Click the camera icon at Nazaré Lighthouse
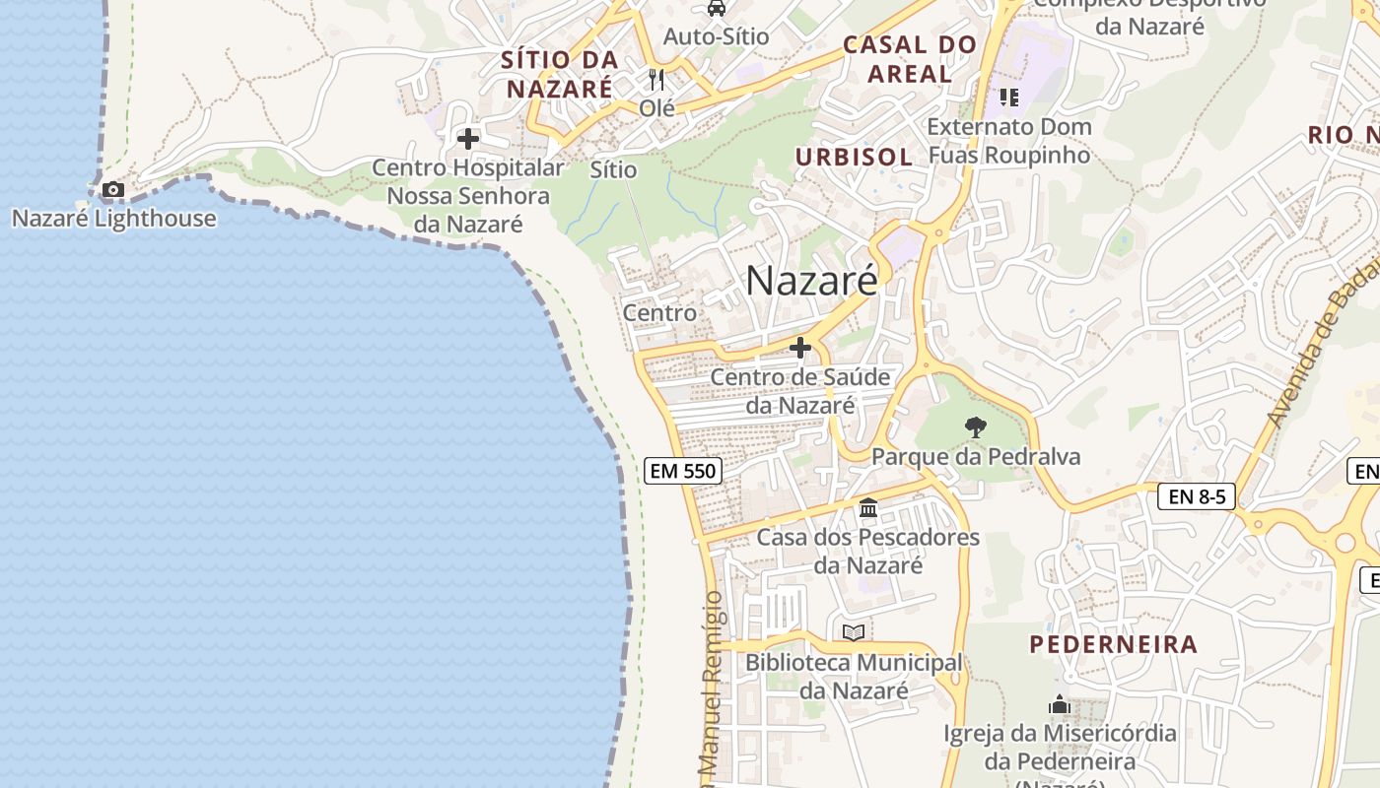click(113, 189)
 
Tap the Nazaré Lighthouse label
click(113, 218)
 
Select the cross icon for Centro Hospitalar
click(468, 139)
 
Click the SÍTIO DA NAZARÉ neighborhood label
click(558, 74)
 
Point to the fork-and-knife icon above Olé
click(656, 79)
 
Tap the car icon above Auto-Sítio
click(717, 9)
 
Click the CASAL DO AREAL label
click(910, 59)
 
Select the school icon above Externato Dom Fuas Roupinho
click(1008, 97)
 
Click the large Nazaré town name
click(811, 281)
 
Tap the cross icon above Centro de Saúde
click(800, 348)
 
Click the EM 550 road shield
click(683, 471)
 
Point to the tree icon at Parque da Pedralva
click(976, 427)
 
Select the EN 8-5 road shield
click(1197, 496)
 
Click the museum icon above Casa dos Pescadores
click(868, 508)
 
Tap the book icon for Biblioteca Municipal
click(854, 632)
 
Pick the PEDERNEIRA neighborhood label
click(1114, 644)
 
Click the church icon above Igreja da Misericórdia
click(1060, 704)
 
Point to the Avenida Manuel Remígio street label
click(712, 689)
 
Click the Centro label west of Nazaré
click(659, 312)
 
